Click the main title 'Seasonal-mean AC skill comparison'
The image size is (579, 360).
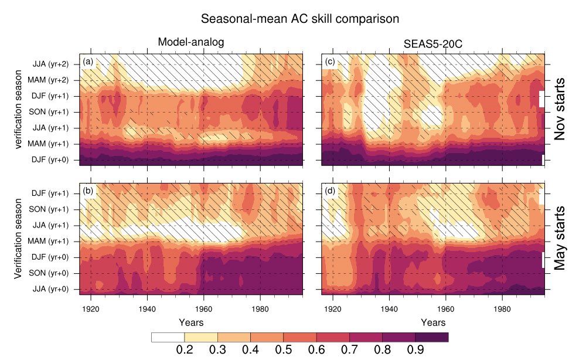click(x=300, y=18)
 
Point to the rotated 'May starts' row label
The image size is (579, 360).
click(x=561, y=237)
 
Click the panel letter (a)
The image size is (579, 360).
click(x=88, y=61)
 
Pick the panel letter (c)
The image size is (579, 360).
click(x=329, y=61)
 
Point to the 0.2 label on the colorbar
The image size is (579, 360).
click(x=185, y=350)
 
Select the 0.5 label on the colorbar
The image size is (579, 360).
click(x=283, y=350)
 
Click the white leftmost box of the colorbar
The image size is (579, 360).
click(x=168, y=337)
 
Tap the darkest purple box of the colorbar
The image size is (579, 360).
click(x=431, y=337)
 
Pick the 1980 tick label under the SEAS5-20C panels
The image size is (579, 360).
click(x=502, y=309)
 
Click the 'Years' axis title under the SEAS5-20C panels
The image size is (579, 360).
click(x=432, y=322)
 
